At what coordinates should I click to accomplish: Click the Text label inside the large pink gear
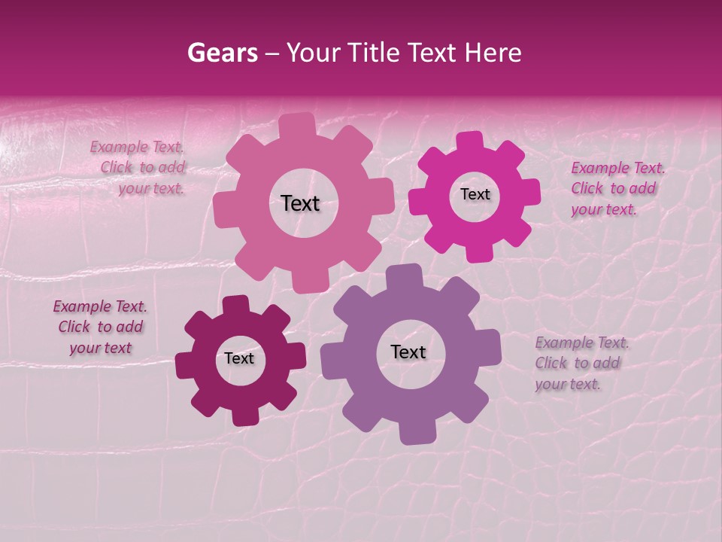[300, 203]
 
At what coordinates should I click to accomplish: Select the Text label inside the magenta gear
[475, 194]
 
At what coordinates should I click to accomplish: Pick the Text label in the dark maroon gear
[239, 358]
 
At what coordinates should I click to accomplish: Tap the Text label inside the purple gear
[408, 352]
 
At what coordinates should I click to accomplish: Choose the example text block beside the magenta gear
[617, 188]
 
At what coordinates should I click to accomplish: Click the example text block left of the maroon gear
[100, 327]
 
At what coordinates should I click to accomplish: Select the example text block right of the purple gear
[581, 363]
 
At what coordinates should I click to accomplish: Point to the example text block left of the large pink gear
[139, 167]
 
